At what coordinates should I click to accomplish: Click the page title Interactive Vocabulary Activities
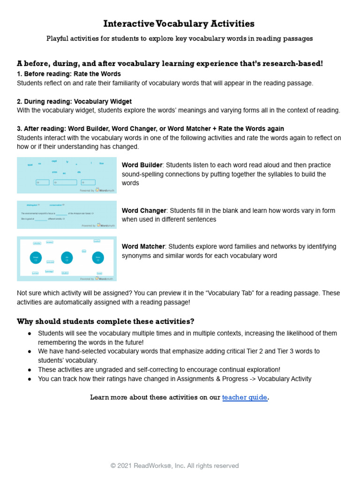click(179, 23)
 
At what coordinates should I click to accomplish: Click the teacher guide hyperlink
click(245, 397)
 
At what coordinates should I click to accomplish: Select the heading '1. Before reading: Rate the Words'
click(68, 74)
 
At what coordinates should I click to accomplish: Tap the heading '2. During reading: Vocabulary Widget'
click(74, 101)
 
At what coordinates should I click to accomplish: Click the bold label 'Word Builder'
click(142, 165)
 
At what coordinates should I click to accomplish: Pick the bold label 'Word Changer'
click(144, 210)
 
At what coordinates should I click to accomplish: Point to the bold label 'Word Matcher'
click(143, 247)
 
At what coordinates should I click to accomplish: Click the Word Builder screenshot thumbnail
click(67, 175)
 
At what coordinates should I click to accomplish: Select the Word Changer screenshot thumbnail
click(67, 215)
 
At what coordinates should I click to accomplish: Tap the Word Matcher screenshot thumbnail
click(67, 259)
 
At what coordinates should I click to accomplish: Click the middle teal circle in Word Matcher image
click(67, 257)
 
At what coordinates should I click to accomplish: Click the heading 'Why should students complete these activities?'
click(105, 322)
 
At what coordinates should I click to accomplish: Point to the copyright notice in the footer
click(175, 465)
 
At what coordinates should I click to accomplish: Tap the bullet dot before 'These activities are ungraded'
click(30, 370)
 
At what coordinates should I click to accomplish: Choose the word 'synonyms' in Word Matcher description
click(136, 256)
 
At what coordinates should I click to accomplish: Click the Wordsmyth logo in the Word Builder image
click(105, 190)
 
